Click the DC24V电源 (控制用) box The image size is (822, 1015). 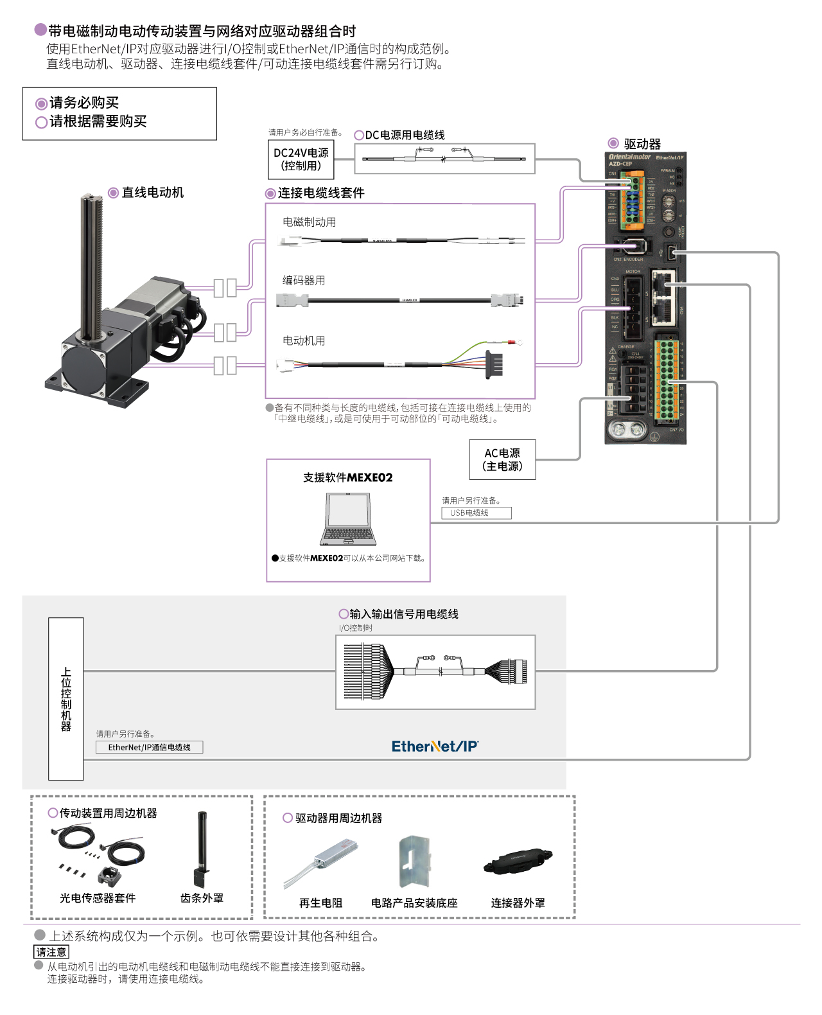301,159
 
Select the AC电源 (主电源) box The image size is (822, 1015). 502,460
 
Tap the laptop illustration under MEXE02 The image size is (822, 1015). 347,520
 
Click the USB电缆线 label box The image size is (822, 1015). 476,513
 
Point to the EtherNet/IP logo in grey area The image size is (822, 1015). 435,746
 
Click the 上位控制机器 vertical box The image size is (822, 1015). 66,698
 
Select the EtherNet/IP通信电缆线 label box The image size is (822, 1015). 149,747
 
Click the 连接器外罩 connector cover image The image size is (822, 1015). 518,861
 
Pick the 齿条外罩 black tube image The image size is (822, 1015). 202,848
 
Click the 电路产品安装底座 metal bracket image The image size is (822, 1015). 414,861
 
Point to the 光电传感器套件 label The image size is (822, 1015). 98,898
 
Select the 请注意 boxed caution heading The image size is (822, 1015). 51,952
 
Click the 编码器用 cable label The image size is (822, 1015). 304,281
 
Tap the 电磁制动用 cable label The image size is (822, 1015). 309,222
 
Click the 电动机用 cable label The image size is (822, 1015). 304,341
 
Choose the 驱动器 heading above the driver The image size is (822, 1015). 642,144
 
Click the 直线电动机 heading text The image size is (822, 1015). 152,193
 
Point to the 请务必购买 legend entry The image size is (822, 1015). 83,103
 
